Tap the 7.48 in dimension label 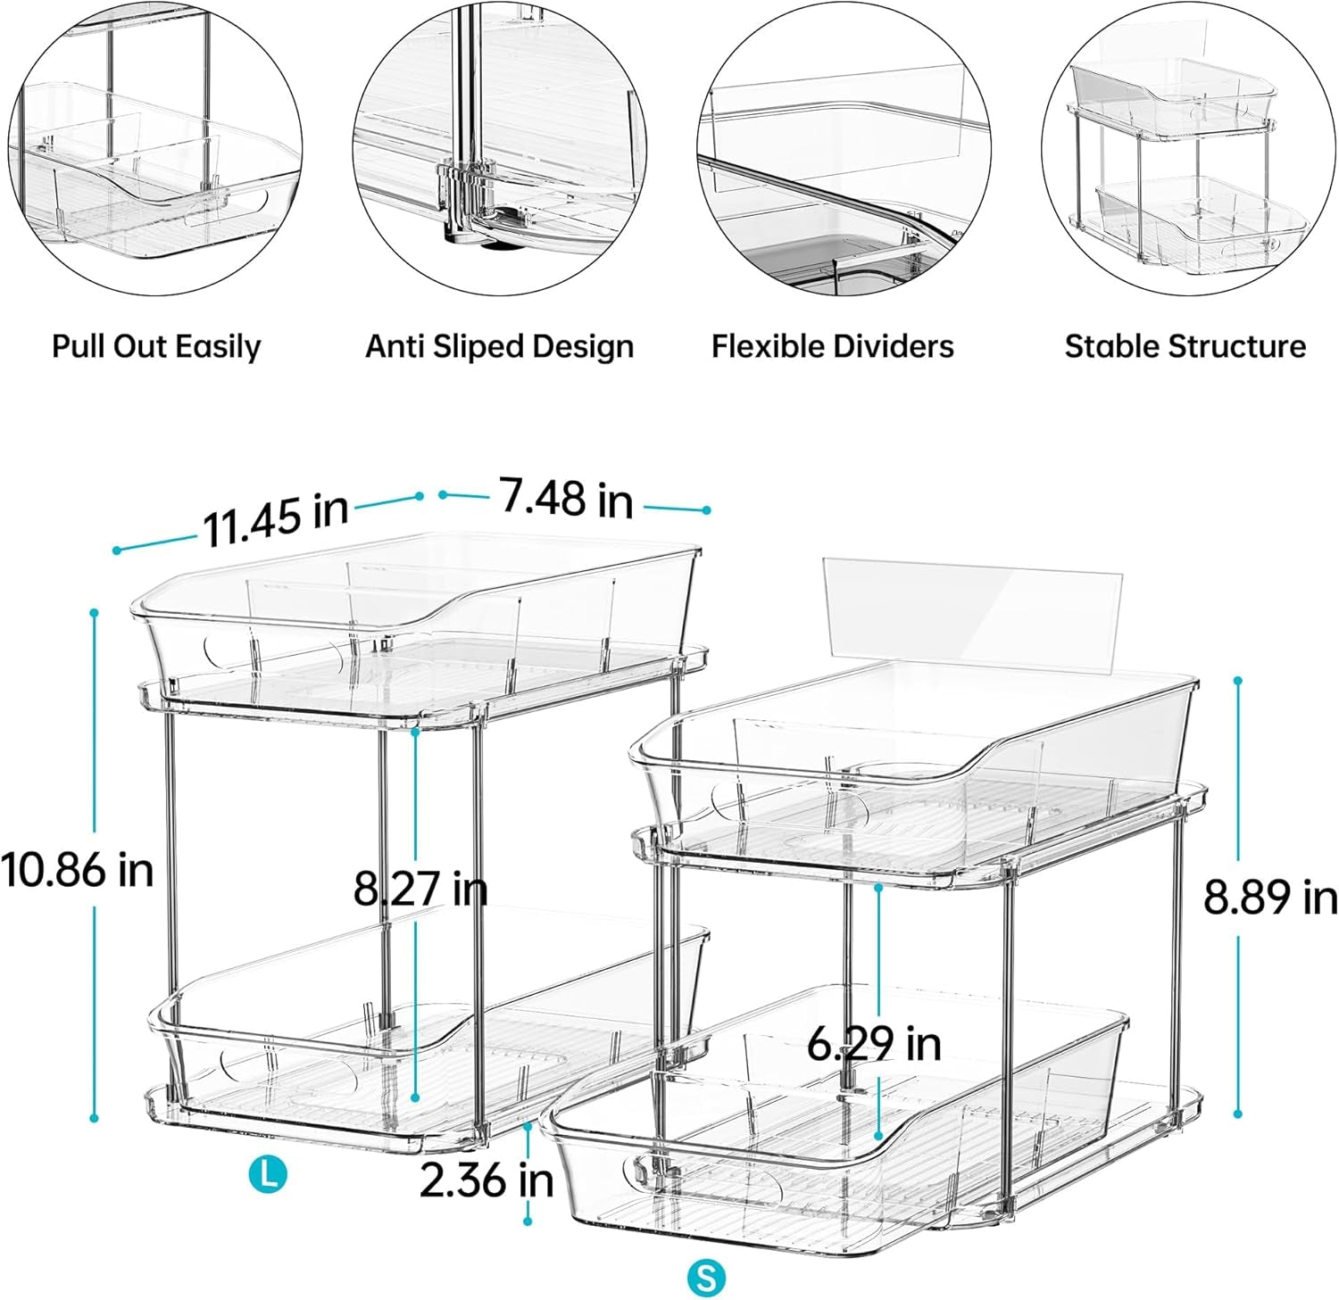click(x=566, y=497)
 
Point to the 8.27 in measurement click(x=420, y=889)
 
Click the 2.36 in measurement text click(x=487, y=1180)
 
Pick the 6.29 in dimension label click(x=874, y=1042)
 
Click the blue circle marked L click(x=268, y=1172)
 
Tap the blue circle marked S click(x=706, y=1278)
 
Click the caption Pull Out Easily click(x=156, y=346)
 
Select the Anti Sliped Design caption click(x=499, y=346)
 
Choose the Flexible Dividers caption click(x=832, y=346)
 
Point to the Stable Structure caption click(x=1185, y=346)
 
